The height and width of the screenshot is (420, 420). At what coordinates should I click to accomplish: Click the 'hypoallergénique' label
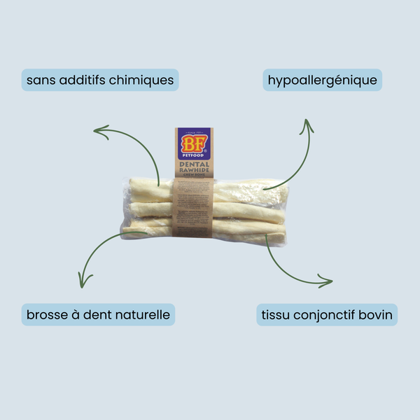(323, 80)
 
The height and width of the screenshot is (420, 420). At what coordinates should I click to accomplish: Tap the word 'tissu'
(275, 315)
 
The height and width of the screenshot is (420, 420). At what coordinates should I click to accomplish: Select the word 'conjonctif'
(324, 315)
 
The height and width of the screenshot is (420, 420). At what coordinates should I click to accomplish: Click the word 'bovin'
(375, 315)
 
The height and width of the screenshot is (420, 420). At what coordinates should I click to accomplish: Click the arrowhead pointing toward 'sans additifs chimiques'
(97, 129)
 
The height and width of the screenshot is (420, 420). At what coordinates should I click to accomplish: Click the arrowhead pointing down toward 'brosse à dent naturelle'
(83, 283)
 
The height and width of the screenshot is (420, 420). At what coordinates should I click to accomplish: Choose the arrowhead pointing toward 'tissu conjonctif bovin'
(328, 283)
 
